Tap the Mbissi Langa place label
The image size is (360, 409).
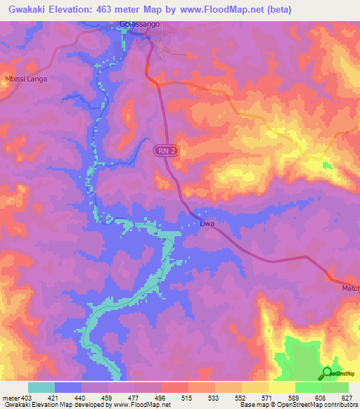26,79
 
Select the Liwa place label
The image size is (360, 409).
207,224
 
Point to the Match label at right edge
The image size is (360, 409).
350,288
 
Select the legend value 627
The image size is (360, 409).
346,398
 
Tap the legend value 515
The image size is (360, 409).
187,398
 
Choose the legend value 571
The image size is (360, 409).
267,398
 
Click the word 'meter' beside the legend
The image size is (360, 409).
10,398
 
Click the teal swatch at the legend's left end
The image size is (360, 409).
41,387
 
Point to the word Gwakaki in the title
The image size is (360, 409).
25,9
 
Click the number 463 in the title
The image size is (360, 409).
106,9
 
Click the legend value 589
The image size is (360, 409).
293,398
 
